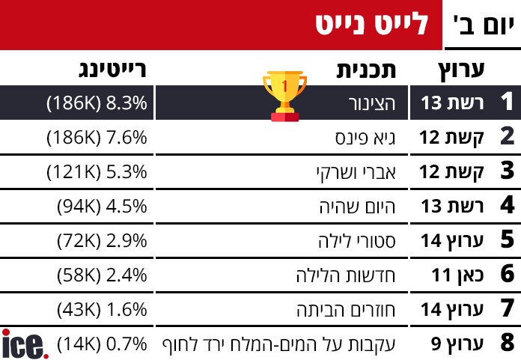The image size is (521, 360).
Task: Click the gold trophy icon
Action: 284,96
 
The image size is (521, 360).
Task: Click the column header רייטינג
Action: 112,71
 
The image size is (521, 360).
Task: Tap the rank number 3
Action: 507,172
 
